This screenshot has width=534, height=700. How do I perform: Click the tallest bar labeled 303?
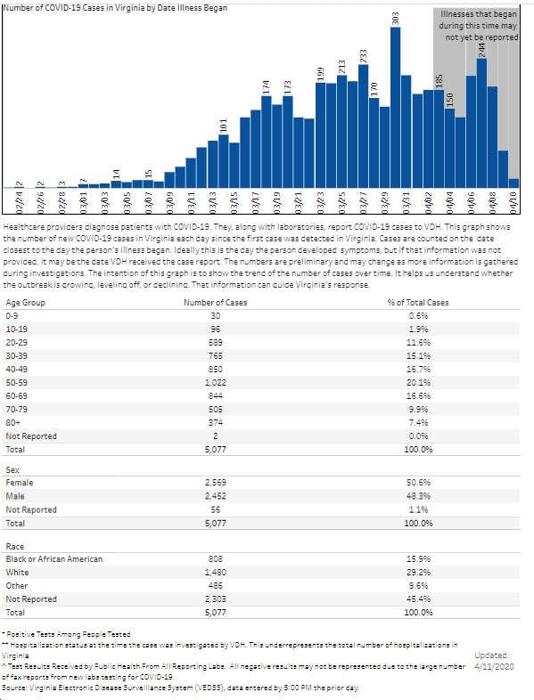click(395, 107)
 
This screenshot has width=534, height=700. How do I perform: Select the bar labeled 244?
click(481, 123)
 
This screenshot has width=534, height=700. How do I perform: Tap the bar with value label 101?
click(224, 160)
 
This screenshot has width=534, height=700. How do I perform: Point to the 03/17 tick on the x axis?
click(256, 204)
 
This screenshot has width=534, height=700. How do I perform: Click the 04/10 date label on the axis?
click(513, 204)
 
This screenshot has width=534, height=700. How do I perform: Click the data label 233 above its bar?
click(364, 56)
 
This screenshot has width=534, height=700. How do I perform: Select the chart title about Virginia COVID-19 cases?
click(115, 8)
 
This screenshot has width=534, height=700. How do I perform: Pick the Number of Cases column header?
click(216, 302)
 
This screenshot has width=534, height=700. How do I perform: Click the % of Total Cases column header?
click(418, 302)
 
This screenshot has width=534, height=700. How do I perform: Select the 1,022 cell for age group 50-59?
click(216, 383)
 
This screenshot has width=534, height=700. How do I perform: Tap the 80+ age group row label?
click(12, 422)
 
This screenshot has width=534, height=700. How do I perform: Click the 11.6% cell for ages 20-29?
click(418, 342)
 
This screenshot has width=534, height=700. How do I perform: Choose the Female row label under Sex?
click(20, 483)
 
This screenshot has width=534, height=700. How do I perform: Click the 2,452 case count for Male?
click(216, 496)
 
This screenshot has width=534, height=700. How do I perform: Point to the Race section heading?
click(15, 547)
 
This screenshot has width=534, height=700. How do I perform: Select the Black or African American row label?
click(54, 559)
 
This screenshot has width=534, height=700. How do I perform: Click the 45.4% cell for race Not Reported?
click(418, 599)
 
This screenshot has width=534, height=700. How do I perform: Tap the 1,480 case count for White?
click(216, 573)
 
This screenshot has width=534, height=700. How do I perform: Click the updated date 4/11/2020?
click(494, 667)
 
